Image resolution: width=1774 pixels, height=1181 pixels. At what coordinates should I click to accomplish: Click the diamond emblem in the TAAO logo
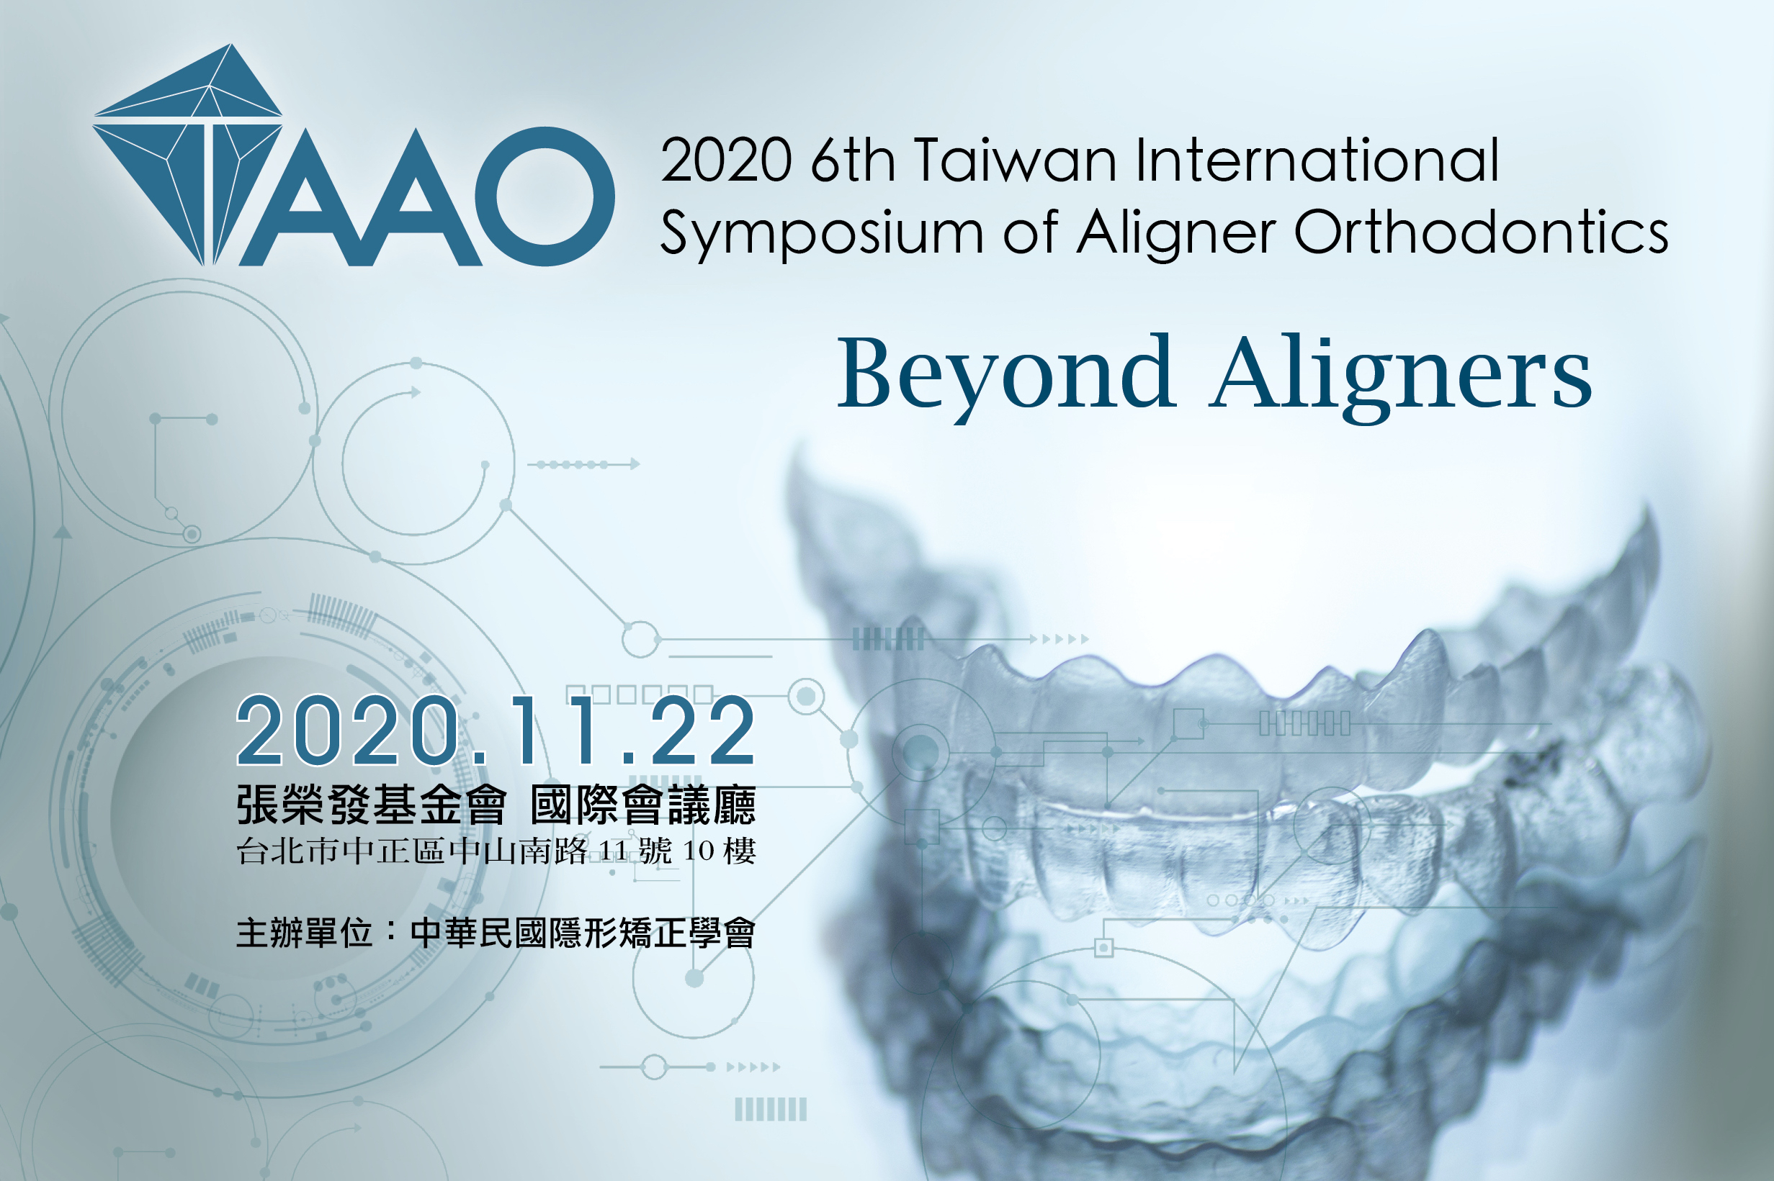pyautogui.click(x=189, y=155)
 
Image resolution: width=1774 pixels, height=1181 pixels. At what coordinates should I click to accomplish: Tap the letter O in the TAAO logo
pyautogui.click(x=544, y=196)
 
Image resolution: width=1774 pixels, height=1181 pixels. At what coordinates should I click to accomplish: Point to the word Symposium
pyautogui.click(x=821, y=233)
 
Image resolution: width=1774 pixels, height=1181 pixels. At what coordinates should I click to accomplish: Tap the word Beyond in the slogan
pyautogui.click(x=1006, y=376)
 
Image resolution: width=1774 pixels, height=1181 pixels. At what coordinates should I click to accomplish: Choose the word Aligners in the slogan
pyautogui.click(x=1400, y=376)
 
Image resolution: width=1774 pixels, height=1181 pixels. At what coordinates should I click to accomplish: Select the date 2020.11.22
pyautogui.click(x=495, y=730)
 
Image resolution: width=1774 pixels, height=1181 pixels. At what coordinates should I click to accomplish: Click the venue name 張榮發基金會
pyautogui.click(x=371, y=805)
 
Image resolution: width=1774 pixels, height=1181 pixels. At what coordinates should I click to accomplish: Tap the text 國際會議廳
pyautogui.click(x=642, y=805)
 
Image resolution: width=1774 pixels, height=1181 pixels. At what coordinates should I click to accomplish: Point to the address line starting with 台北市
pyautogui.click(x=496, y=851)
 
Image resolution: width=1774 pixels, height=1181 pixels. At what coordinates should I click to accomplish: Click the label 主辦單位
pyautogui.click(x=304, y=933)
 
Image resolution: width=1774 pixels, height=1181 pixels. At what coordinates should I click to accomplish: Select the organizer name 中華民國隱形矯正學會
pyautogui.click(x=583, y=933)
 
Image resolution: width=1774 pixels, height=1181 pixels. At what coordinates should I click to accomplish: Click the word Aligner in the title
pyautogui.click(x=1175, y=233)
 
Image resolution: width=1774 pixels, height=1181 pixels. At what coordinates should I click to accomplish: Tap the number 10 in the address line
pyautogui.click(x=698, y=851)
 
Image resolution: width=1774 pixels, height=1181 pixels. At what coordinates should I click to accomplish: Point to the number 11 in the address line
pyautogui.click(x=613, y=851)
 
